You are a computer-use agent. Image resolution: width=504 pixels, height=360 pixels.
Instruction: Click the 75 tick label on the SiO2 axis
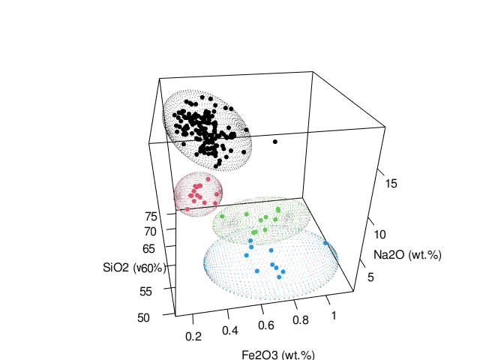[x=151, y=216]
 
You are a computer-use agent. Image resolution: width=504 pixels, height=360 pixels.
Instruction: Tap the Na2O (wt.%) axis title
[x=408, y=255]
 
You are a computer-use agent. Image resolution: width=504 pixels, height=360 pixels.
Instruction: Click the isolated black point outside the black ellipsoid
[x=275, y=142]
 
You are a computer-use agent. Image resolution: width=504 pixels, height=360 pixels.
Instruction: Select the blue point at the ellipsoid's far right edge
[x=325, y=243]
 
